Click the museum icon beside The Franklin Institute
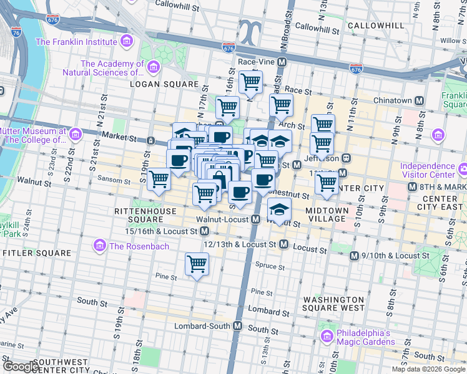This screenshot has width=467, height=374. (127, 42)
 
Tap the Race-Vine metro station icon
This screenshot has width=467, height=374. (282, 62)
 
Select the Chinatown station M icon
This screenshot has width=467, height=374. (420, 100)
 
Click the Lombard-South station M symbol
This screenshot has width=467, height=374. (237, 325)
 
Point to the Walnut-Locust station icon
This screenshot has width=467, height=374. (255, 219)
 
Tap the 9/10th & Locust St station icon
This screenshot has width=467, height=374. (355, 256)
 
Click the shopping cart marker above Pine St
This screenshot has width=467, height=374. (197, 264)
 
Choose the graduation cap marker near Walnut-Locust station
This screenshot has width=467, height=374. (279, 209)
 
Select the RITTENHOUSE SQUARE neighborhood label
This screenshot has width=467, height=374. (138, 216)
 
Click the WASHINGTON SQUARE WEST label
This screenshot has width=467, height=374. (333, 304)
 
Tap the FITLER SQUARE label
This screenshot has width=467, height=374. (37, 253)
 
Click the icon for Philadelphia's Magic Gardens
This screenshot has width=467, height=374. (327, 337)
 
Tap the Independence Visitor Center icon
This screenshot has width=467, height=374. (463, 168)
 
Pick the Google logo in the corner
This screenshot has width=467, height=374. (21, 367)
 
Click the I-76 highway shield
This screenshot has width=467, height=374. (16, 32)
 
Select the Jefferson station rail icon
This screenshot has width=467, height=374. (345, 158)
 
